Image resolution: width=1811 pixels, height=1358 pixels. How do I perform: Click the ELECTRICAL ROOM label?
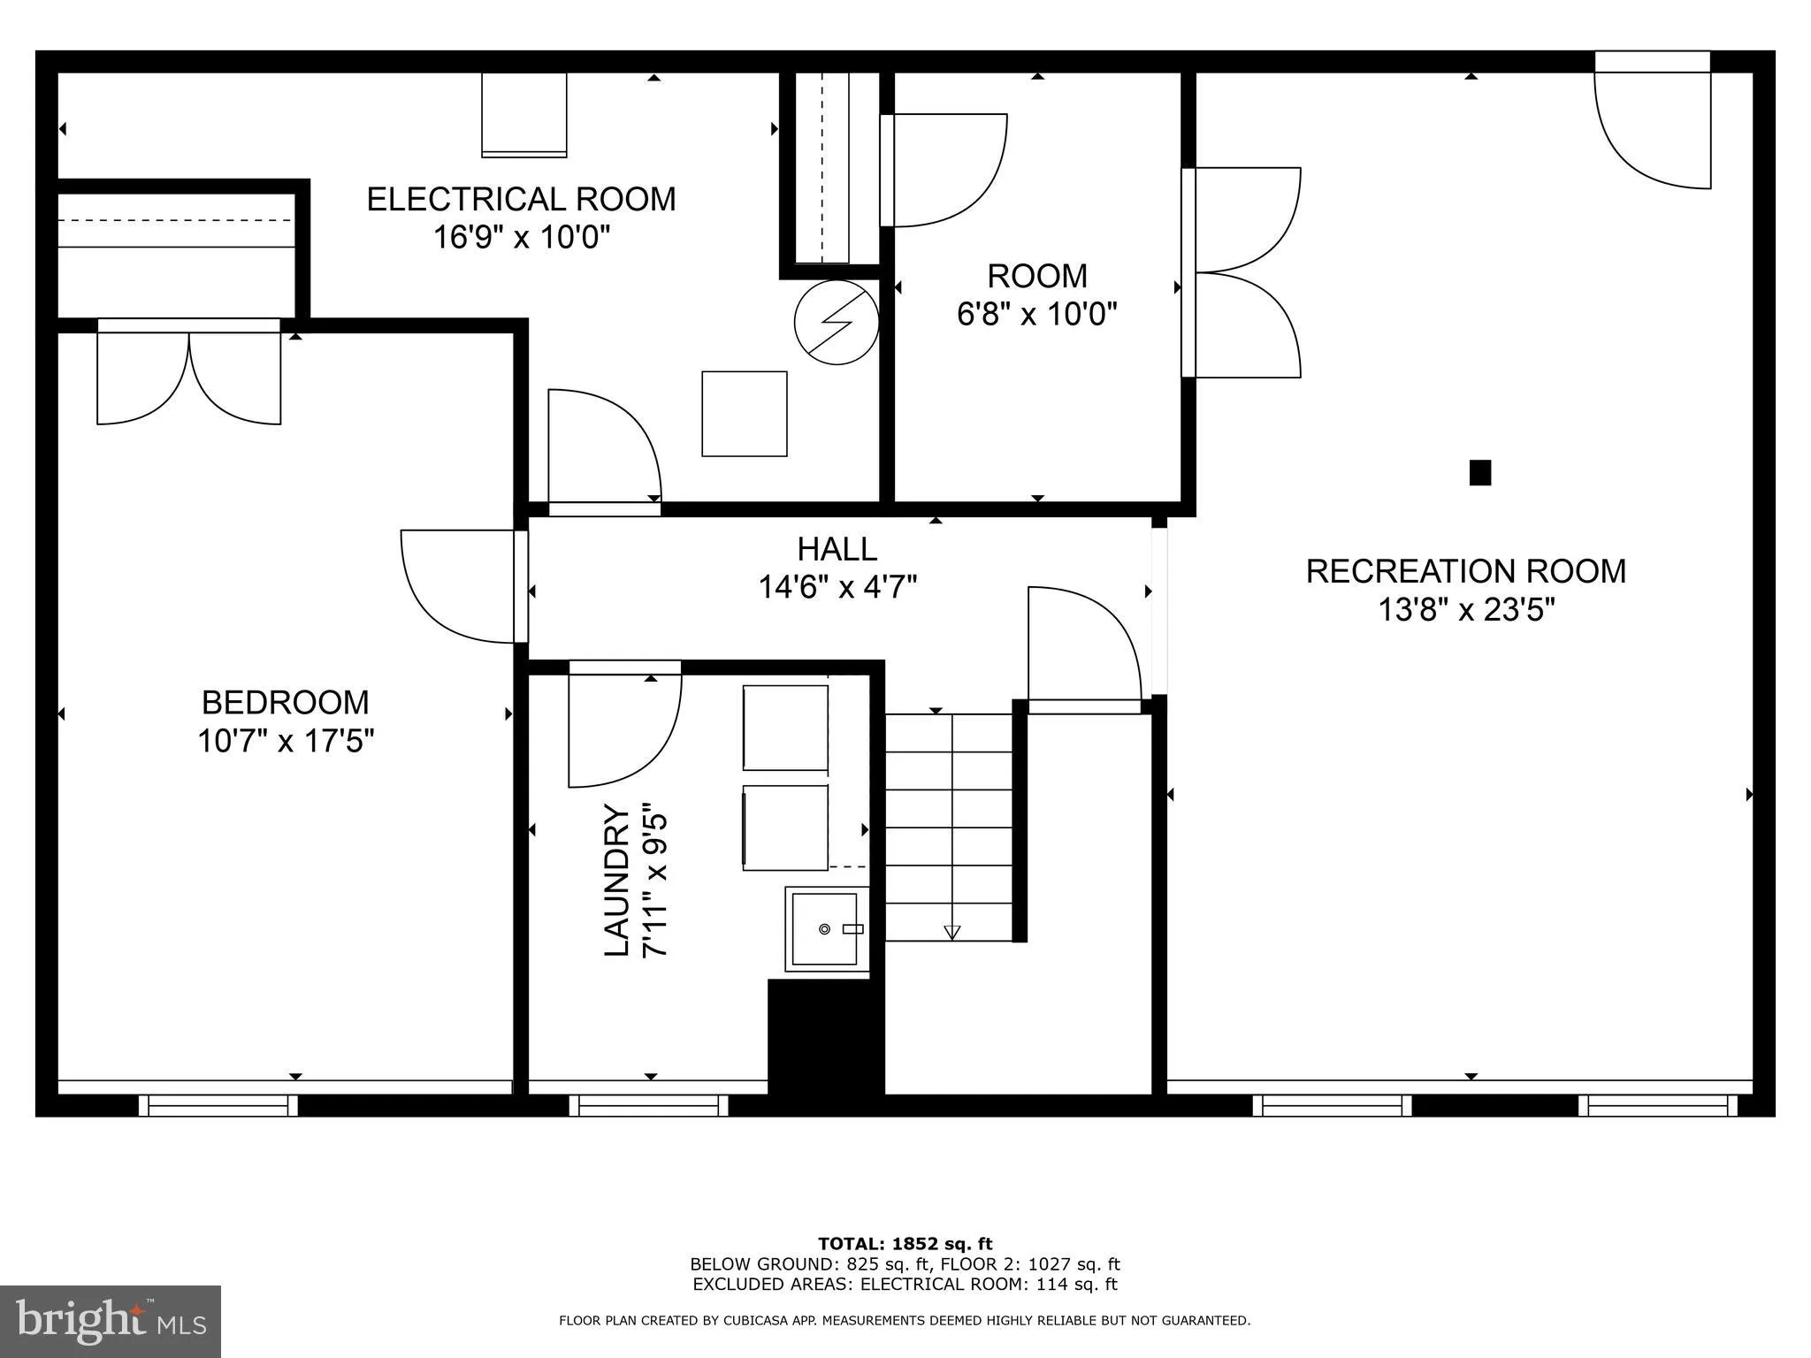click(521, 199)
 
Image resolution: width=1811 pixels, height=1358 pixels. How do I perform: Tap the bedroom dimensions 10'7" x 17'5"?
click(286, 741)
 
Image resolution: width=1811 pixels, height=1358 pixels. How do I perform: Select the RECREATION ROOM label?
click(1465, 571)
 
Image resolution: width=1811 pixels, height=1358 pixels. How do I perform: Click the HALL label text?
click(837, 549)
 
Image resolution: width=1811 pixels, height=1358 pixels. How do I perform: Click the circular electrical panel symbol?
click(836, 323)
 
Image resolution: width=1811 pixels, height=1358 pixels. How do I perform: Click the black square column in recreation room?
click(1479, 473)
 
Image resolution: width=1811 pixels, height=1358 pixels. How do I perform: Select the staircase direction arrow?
click(951, 931)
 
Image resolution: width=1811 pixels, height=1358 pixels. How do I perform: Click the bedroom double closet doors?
click(189, 376)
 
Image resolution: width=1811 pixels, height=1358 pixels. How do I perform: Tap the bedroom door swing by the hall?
click(455, 585)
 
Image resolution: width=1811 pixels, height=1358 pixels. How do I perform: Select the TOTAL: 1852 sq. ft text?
click(905, 1244)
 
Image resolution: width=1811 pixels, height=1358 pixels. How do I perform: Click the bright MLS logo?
click(110, 1321)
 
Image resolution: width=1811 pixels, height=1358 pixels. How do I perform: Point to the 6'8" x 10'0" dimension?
click(1036, 314)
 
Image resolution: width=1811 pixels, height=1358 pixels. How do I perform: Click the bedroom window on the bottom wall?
click(218, 1104)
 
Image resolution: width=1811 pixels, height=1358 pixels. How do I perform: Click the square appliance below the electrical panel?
click(744, 414)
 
